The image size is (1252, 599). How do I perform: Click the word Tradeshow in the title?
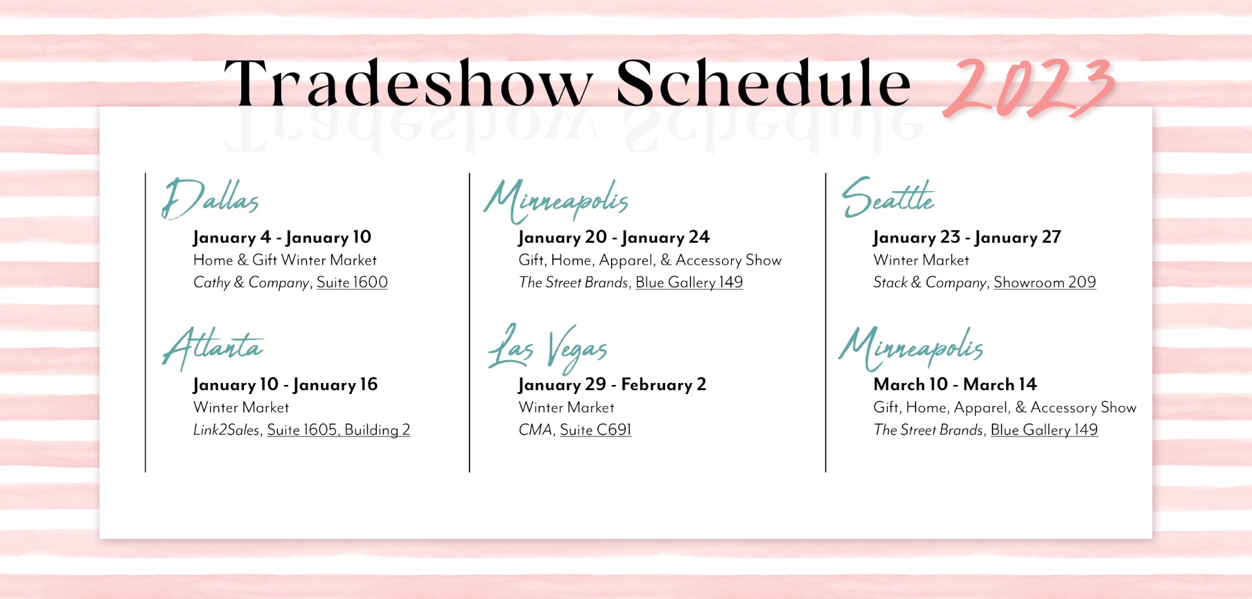pos(408,83)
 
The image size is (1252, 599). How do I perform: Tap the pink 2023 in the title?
pos(1029,88)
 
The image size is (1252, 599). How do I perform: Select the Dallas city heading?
pos(210,198)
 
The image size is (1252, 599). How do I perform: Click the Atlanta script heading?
pos(213,348)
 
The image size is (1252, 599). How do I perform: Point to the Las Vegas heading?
pos(548,348)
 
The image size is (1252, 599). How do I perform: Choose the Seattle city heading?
pos(887,197)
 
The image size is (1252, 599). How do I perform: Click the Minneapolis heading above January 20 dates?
pos(556,201)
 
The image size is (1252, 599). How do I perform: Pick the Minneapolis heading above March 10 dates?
pos(911,348)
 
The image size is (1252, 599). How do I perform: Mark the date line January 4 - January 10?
pos(282,238)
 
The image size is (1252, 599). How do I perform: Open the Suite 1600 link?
pos(352,283)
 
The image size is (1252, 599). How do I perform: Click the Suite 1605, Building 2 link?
pos(338,430)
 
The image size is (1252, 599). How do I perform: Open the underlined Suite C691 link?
pos(595,430)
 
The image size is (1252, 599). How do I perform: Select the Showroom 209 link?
pos(1045,283)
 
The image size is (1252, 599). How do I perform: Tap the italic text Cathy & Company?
pos(251,283)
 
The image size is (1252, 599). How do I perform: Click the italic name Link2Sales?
pos(226,430)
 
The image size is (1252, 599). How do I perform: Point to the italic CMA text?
pos(535,430)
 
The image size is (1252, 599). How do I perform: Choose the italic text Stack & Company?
pos(930,283)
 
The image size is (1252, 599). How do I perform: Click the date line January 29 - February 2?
pos(612,385)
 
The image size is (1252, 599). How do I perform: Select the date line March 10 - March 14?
pos(955,384)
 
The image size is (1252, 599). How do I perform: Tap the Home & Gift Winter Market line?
pos(285,260)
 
